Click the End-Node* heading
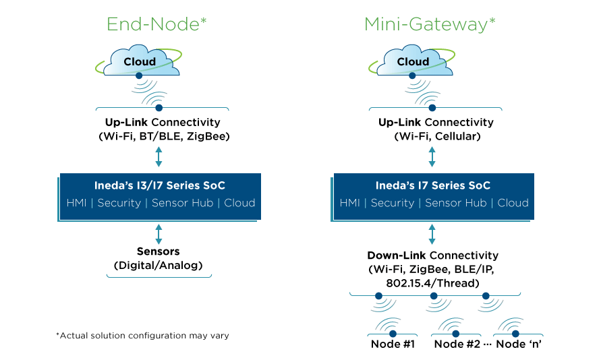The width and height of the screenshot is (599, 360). pyautogui.click(x=156, y=24)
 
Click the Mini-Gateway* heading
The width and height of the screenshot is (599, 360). pyautogui.click(x=430, y=24)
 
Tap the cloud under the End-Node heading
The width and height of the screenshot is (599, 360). pyautogui.click(x=139, y=61)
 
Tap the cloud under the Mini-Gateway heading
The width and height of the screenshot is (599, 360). pyautogui.click(x=412, y=61)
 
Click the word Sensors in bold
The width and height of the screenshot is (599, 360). pyautogui.click(x=159, y=251)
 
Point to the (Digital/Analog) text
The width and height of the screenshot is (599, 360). pyautogui.click(x=159, y=265)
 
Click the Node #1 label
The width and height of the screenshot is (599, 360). pyautogui.click(x=392, y=344)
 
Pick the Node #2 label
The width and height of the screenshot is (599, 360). pyautogui.click(x=457, y=344)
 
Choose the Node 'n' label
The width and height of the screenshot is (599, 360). pyautogui.click(x=519, y=344)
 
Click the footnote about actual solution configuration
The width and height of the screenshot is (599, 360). pyautogui.click(x=142, y=335)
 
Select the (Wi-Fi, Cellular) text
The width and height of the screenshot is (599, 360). pyautogui.click(x=432, y=136)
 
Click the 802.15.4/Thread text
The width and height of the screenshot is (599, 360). pyautogui.click(x=432, y=282)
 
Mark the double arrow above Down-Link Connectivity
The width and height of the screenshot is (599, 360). pyautogui.click(x=432, y=234)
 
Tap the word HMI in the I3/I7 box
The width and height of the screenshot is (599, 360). pyautogui.click(x=77, y=203)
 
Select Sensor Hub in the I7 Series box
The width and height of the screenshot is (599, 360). pyautogui.click(x=455, y=203)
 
